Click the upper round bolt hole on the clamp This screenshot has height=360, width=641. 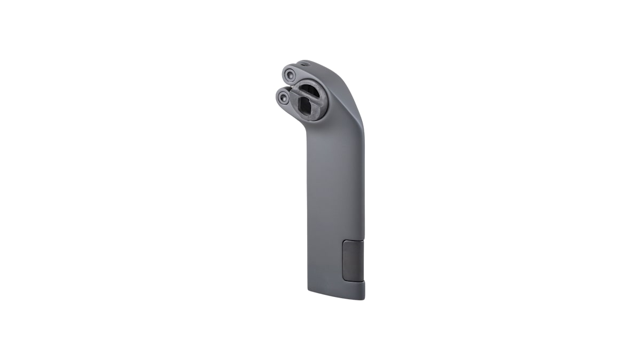290,73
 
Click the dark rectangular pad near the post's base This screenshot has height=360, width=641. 353,260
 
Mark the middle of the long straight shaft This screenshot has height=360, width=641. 335,203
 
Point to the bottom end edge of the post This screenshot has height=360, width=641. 337,295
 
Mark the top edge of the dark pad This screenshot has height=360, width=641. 353,241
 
